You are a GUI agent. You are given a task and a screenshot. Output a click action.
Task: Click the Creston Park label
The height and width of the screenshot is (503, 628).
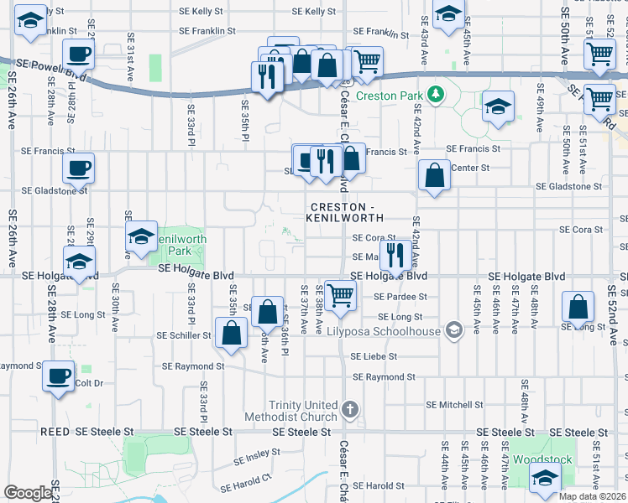(x=390, y=96)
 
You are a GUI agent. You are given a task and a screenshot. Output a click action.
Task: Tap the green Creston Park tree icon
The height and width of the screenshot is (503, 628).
(x=435, y=94)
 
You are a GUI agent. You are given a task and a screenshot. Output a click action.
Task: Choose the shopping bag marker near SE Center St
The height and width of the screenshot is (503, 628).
(x=434, y=176)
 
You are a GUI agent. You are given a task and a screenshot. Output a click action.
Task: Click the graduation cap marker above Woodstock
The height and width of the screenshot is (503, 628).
(x=546, y=479)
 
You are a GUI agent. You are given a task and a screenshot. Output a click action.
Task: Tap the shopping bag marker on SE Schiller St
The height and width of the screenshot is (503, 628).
(x=231, y=333)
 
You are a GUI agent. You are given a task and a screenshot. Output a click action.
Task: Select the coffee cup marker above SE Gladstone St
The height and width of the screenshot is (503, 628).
(x=78, y=168)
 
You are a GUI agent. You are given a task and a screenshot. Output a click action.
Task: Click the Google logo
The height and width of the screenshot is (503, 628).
(x=28, y=493)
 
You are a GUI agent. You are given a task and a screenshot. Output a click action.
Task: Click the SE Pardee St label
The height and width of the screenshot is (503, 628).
(x=400, y=297)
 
